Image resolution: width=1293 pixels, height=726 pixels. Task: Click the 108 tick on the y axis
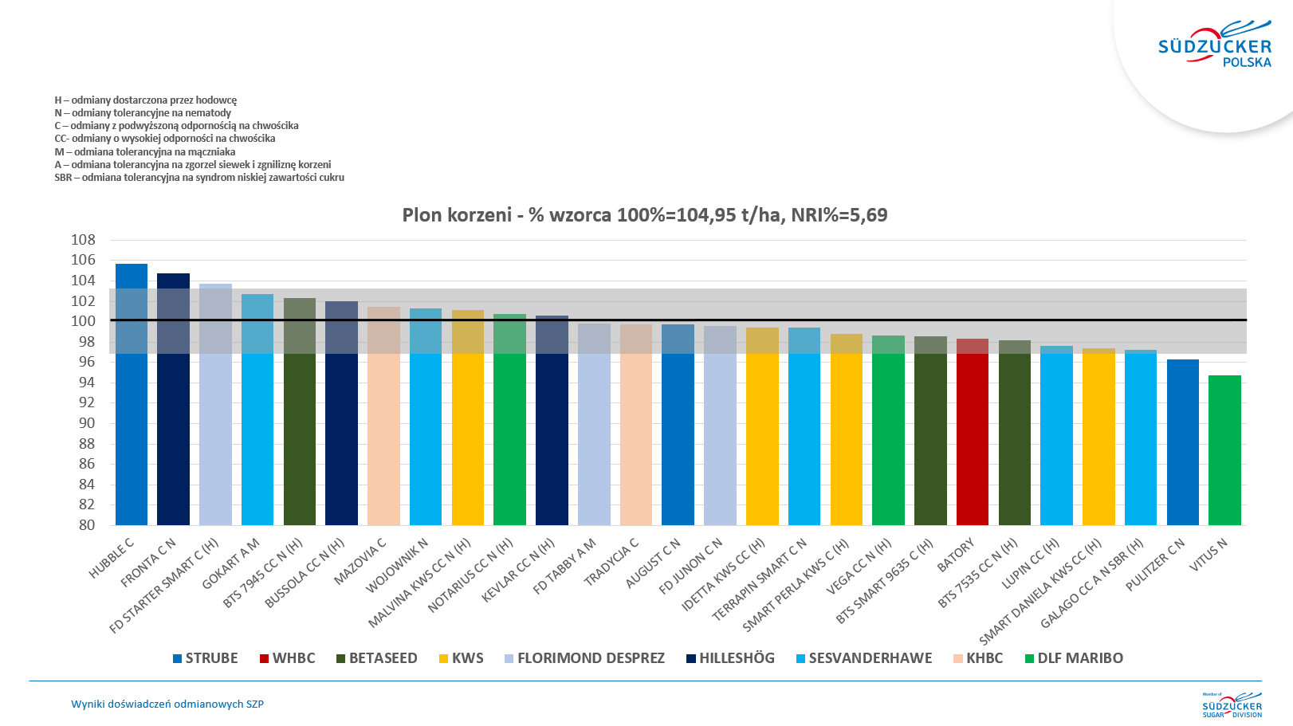tap(83, 240)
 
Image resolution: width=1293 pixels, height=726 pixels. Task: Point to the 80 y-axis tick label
tap(87, 525)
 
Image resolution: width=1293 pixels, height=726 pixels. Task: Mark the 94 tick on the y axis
tap(87, 383)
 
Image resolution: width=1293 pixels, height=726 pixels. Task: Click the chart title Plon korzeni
tap(644, 215)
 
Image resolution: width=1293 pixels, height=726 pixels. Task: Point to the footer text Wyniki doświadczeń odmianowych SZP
tap(167, 704)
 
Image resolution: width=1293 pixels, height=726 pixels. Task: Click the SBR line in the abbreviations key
tap(199, 178)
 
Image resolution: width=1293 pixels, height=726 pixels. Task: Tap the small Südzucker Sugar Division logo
tap(1232, 705)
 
